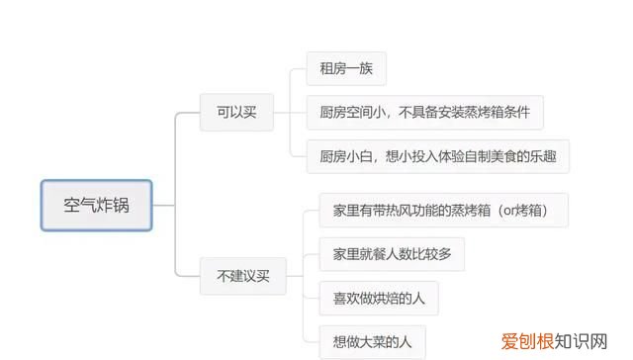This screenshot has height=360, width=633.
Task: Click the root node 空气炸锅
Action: click(x=96, y=207)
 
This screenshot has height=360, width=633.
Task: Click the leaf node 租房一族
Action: click(x=345, y=69)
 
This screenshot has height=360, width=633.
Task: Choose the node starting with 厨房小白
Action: click(x=437, y=156)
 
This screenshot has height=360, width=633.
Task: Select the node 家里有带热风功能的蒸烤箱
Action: click(x=443, y=211)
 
